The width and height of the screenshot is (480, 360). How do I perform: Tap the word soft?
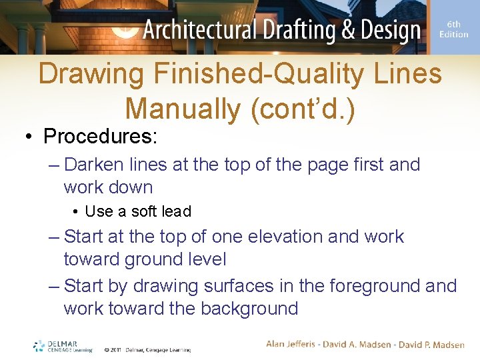click(144, 211)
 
